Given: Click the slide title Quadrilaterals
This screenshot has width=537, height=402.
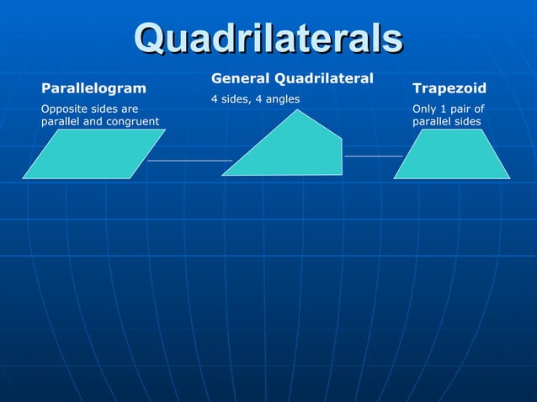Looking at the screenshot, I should tap(268, 38).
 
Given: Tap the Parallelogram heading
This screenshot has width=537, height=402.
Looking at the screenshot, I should tap(93, 87).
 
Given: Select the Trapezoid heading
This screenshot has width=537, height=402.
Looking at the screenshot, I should tap(449, 87).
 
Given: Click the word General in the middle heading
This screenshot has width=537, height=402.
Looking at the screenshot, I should tap(238, 78).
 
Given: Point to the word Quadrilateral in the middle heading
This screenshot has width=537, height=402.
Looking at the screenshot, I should tap(322, 78).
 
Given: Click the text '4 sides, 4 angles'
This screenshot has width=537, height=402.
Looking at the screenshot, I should tap(255, 99).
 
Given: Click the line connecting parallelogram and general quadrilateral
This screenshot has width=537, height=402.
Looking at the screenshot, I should tap(189, 160).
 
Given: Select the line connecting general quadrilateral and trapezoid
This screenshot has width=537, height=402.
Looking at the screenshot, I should tap(373, 156).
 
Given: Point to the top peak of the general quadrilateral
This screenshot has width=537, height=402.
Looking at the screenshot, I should tap(295, 110).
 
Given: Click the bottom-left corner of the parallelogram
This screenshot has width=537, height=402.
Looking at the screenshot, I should tap(24, 178).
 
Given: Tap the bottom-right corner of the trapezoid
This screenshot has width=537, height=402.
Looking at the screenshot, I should tap(509, 178).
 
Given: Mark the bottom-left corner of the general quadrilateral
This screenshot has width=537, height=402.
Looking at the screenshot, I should tap(222, 175).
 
